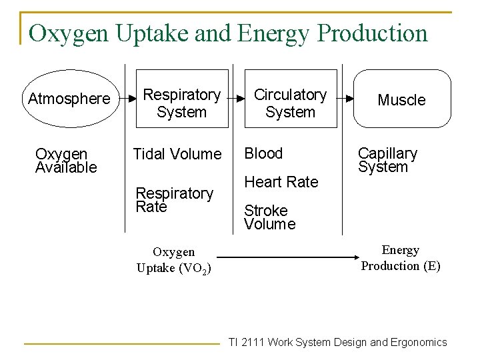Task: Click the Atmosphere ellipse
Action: (69, 99)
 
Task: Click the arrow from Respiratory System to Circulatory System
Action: (236, 98)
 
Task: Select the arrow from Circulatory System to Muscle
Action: (345, 98)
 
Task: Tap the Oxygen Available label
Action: (66, 161)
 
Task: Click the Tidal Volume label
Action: (177, 154)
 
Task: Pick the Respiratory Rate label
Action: (174, 200)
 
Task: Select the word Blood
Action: (263, 153)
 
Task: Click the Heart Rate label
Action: (281, 181)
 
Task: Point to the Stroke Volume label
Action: (269, 217)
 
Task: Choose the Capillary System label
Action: (387, 160)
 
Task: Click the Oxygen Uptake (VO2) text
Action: (174, 260)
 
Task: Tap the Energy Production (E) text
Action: (401, 258)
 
